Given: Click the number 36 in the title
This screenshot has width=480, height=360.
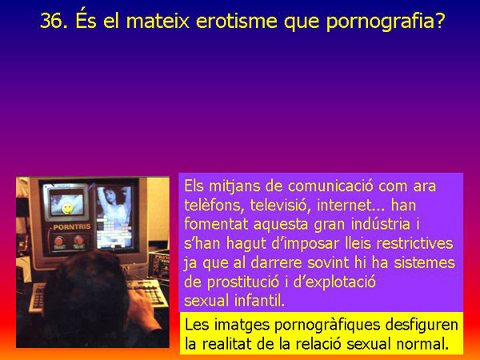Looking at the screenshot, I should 54,22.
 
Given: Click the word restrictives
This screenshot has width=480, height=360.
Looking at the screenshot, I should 413,243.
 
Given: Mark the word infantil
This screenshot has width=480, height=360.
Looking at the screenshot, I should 260,301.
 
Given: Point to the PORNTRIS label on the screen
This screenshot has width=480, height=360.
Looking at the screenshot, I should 69,227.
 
